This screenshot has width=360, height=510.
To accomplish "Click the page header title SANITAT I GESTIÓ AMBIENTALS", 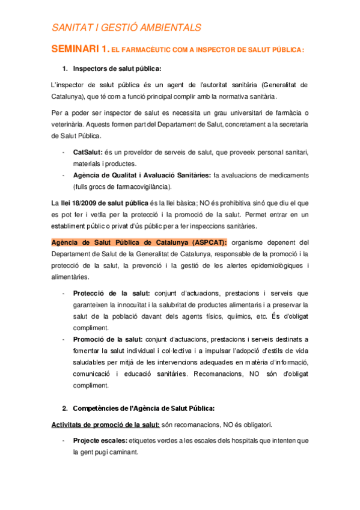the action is [x=126, y=28].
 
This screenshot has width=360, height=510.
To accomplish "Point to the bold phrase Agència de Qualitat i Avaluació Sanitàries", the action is [x=141, y=175].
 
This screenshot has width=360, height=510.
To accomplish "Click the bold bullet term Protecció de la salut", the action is [x=112, y=293].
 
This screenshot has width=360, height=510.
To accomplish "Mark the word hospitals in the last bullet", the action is [x=212, y=440].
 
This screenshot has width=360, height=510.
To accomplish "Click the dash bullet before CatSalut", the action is [x=64, y=153].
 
